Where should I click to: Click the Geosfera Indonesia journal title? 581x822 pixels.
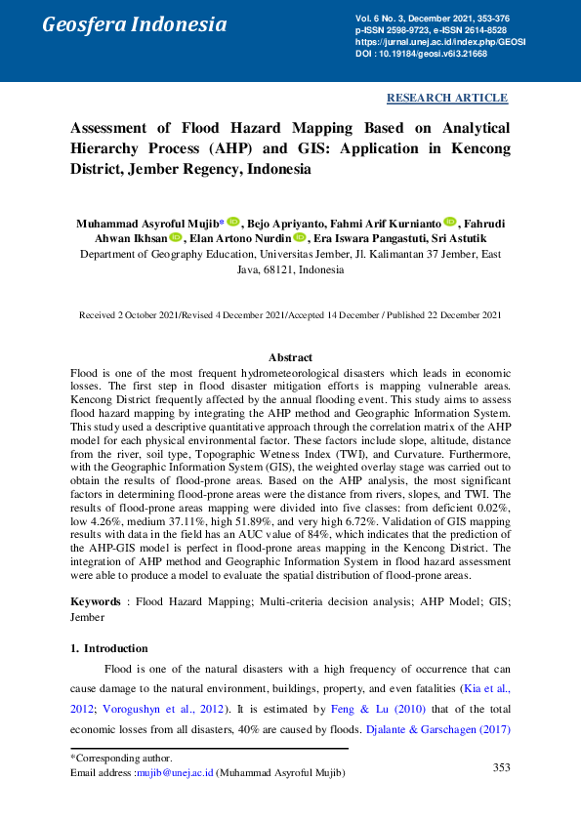(134, 25)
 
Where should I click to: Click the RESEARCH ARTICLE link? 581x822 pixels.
(447, 98)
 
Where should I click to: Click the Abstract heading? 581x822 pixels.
(290, 358)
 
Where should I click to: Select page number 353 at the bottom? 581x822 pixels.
(501, 767)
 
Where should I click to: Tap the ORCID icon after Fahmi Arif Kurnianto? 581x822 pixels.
(450, 222)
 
